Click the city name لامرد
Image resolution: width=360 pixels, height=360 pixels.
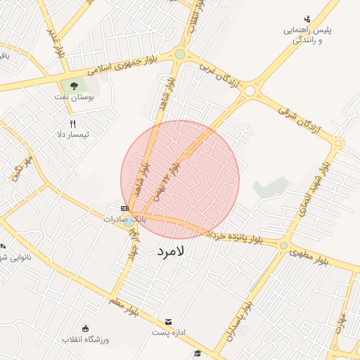[170, 250]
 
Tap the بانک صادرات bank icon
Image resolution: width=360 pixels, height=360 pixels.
[124, 208]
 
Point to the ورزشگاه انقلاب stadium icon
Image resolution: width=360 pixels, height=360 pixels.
[86, 328]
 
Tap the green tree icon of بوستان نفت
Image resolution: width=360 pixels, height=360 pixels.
[75, 86]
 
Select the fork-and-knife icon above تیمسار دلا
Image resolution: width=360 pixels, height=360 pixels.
[72, 123]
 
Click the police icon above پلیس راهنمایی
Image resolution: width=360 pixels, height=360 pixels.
[307, 19]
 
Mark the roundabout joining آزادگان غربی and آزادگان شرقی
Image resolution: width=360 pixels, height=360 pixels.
[248, 90]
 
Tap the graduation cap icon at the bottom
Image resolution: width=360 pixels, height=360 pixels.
[198, 352]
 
